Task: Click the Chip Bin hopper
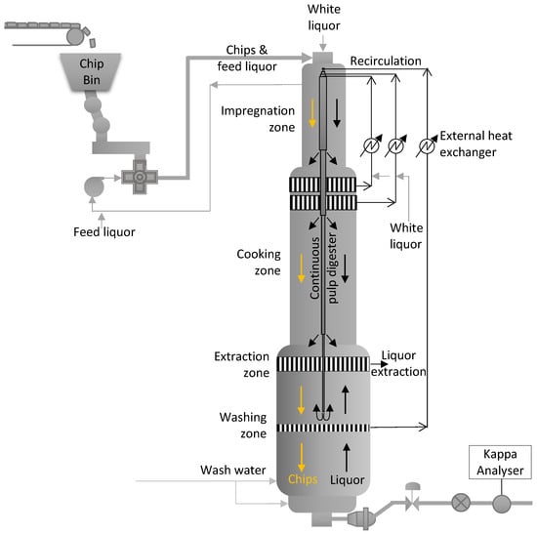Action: tap(91, 72)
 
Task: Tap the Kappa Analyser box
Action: tap(500, 462)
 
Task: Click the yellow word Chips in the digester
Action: tap(303, 479)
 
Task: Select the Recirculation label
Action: tap(386, 61)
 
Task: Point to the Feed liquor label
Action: tap(104, 232)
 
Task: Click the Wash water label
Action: tap(233, 470)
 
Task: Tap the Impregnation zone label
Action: tap(258, 119)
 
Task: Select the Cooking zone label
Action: tap(259, 262)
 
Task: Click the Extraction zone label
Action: tap(242, 364)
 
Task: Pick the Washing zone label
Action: tap(243, 425)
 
